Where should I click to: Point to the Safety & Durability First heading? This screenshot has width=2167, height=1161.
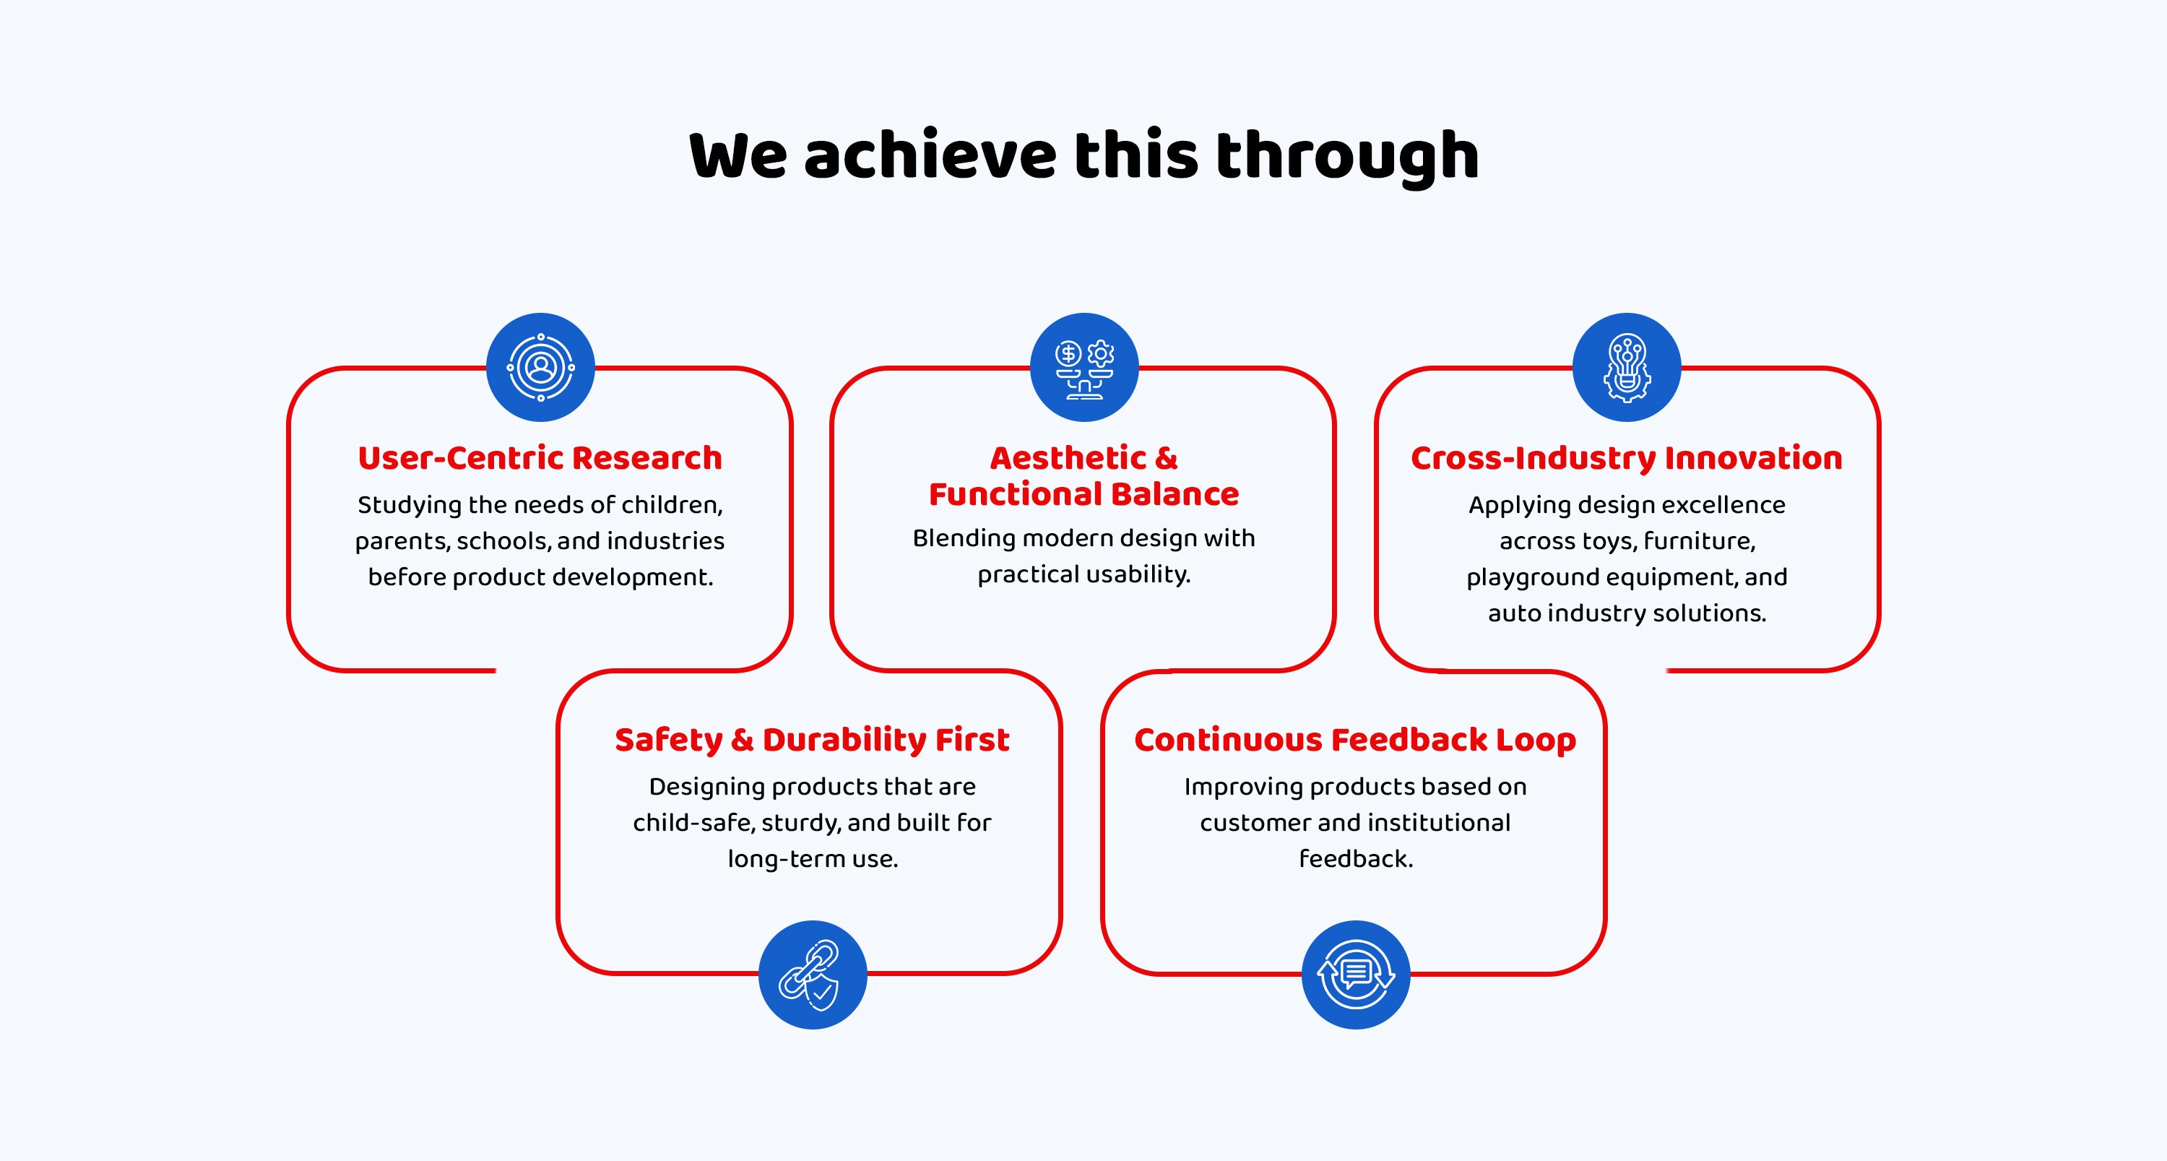pyautogui.click(x=813, y=740)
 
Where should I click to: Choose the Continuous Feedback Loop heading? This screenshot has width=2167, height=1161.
pyautogui.click(x=1355, y=741)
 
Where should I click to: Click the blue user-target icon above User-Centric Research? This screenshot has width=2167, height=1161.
pyautogui.click(x=541, y=368)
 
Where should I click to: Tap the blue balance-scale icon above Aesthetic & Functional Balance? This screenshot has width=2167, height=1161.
pyautogui.click(x=1084, y=368)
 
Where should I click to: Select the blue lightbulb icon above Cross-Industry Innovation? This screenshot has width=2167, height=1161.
pyautogui.click(x=1627, y=368)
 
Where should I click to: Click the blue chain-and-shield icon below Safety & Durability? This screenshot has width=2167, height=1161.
pyautogui.click(x=813, y=975)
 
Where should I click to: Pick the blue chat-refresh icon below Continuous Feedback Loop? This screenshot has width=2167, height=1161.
pyautogui.click(x=1356, y=975)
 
